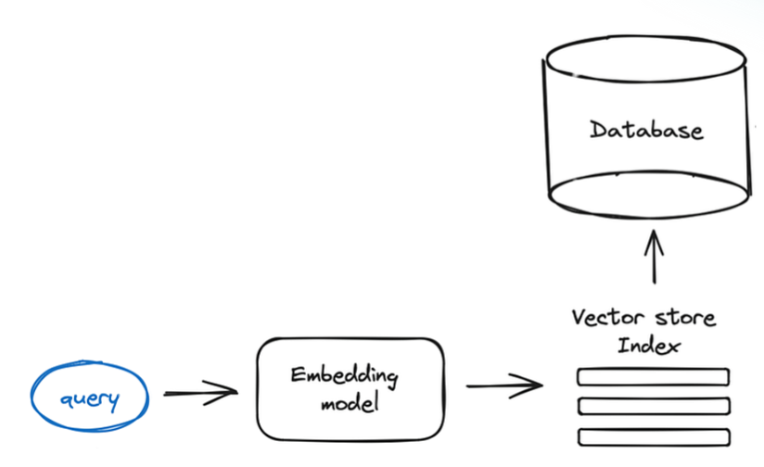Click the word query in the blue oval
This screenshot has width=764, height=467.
coord(90,399)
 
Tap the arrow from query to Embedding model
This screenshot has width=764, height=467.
coord(198,394)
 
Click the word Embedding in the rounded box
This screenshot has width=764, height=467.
coord(344,375)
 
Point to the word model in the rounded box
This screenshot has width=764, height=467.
coord(345,405)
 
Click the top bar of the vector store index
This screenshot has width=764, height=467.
coord(654,377)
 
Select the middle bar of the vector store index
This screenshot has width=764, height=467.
coord(654,406)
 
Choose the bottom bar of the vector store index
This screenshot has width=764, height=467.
coord(654,435)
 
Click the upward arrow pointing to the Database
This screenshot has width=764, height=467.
coord(656,257)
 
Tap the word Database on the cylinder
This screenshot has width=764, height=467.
coord(646,129)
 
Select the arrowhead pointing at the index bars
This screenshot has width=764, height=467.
coord(537,385)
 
